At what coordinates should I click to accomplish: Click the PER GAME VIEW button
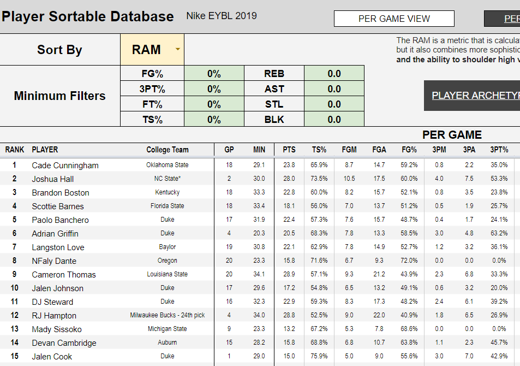click(394, 19)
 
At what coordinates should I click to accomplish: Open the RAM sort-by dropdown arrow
click(177, 50)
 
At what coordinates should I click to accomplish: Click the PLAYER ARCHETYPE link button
click(475, 96)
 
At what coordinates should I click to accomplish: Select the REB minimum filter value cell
click(334, 74)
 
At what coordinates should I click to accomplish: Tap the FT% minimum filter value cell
click(214, 104)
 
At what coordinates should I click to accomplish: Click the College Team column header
click(168, 150)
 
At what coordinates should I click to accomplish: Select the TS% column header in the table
click(319, 150)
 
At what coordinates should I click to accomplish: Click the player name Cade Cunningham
click(65, 166)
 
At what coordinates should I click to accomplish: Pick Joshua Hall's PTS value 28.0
click(289, 179)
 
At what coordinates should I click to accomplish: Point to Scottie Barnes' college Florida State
click(168, 206)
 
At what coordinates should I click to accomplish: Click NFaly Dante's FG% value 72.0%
click(409, 261)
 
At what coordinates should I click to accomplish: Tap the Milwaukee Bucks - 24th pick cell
click(168, 315)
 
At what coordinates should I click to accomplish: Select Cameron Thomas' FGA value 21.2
click(379, 274)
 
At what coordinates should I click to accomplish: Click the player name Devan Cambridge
click(64, 343)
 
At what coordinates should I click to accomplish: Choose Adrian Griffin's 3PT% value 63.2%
click(499, 233)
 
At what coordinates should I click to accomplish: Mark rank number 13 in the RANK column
click(15, 329)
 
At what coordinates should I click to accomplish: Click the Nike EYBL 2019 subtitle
click(222, 16)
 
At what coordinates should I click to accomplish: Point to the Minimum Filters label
click(59, 96)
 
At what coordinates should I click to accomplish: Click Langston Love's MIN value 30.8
click(259, 247)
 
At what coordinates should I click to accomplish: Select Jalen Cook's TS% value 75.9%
click(319, 356)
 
